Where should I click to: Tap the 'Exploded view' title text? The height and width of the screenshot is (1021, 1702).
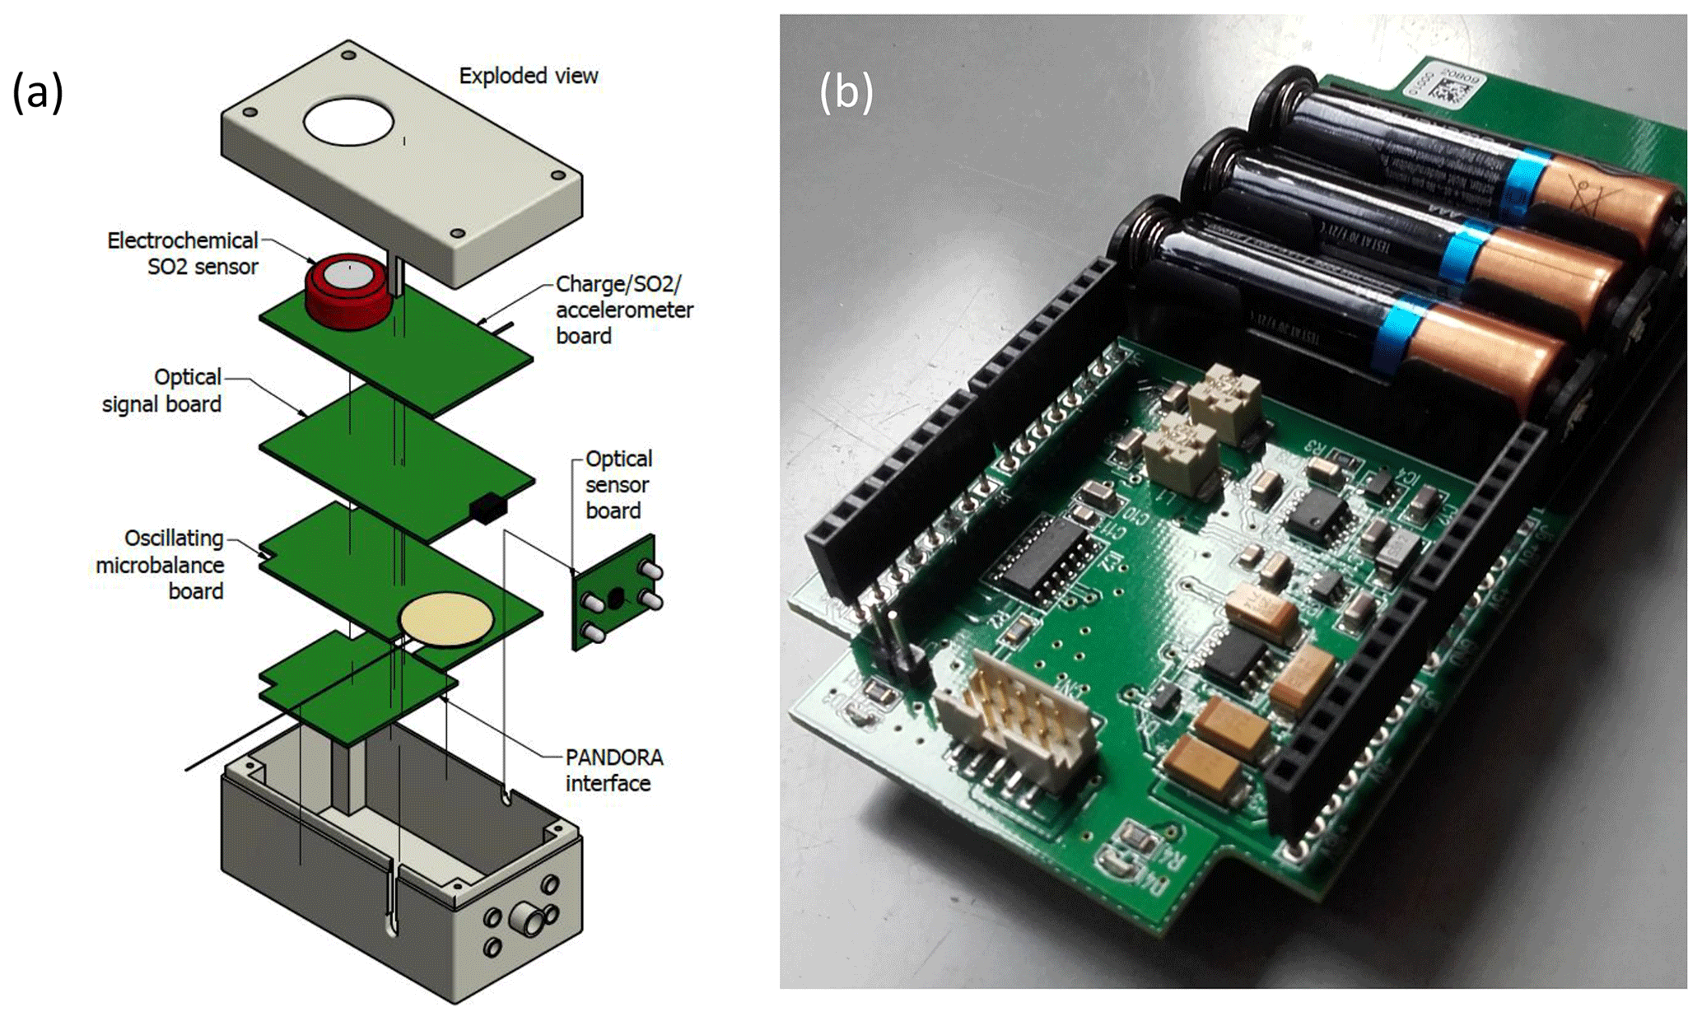click(x=528, y=76)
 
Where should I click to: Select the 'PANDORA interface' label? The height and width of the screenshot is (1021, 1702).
click(x=613, y=770)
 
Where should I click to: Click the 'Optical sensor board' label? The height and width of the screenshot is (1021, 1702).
click(x=618, y=484)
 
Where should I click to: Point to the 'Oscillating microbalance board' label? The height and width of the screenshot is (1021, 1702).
click(x=161, y=564)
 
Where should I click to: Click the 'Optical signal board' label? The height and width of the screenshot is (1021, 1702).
click(x=163, y=390)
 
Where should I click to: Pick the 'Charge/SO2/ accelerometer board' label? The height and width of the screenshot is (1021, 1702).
click(x=623, y=310)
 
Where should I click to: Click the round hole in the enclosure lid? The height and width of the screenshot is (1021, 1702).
click(x=348, y=122)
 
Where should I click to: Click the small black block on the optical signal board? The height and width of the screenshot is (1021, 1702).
click(x=487, y=508)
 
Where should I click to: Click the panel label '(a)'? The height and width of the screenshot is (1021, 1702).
click(x=37, y=91)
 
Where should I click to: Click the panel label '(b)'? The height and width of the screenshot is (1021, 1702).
click(x=846, y=91)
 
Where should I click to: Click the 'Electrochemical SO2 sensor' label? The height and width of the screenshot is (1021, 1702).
click(x=183, y=254)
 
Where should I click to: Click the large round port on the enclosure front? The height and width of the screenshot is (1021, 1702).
click(x=525, y=918)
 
